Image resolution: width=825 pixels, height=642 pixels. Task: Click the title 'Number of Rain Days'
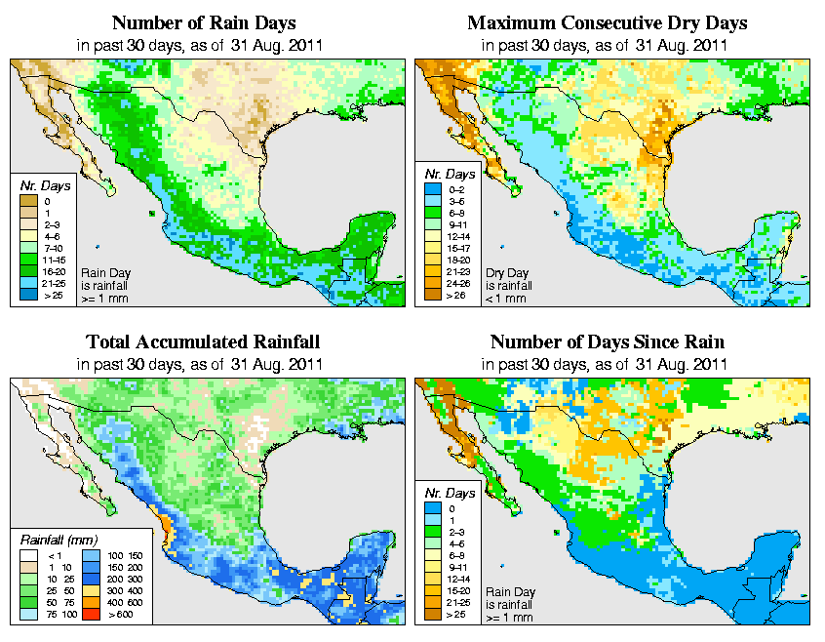[x=204, y=22]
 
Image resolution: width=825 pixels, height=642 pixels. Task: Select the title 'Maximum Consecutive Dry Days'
[x=608, y=22]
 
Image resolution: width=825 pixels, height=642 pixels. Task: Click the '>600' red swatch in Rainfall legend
[x=85, y=617]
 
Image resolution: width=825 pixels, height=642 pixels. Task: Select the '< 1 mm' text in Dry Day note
[x=506, y=299]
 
